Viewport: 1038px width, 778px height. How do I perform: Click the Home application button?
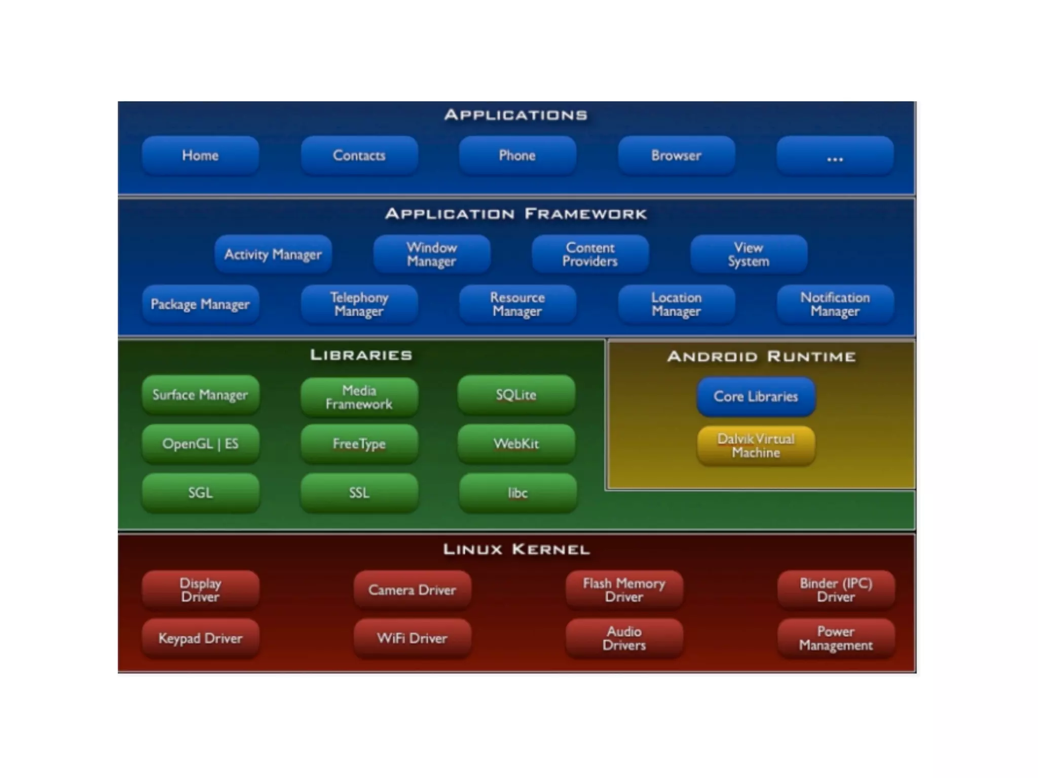200,155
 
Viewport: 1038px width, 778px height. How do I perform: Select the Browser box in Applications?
676,155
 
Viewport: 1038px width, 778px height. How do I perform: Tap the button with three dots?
835,155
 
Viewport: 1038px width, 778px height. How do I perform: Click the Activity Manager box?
273,254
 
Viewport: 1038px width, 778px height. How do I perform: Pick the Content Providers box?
590,254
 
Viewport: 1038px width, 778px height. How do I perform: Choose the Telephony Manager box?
359,304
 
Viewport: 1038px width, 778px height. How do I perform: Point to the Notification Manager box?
835,304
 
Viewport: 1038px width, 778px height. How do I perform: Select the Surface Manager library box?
200,395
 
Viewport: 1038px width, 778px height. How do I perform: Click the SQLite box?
516,395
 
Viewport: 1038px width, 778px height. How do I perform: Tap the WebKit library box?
516,444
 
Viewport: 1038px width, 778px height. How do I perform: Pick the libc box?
517,493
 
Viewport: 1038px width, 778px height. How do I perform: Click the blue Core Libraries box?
756,396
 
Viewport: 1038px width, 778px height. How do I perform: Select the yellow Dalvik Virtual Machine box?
756,446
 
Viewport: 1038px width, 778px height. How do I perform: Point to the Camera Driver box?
412,590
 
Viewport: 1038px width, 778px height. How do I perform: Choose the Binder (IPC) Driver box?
836,590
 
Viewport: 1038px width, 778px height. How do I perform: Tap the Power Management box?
836,638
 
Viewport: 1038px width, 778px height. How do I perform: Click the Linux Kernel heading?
516,550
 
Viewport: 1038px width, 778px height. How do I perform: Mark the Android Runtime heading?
761,357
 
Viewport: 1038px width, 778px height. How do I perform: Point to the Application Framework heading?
516,214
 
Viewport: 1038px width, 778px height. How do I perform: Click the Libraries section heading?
361,355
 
